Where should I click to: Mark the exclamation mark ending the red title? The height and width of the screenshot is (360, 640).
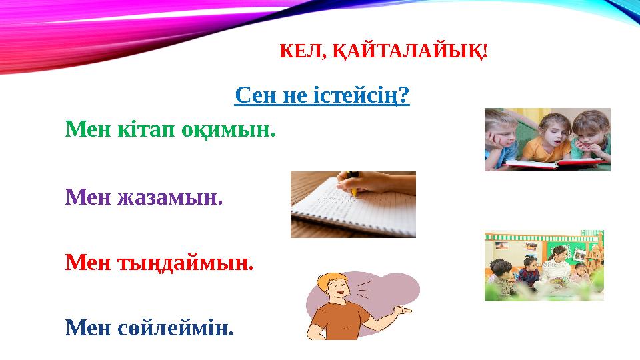(485, 51)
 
